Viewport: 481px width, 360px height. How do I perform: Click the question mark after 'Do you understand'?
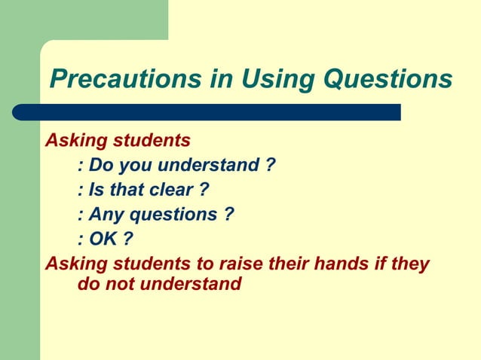[x=269, y=165]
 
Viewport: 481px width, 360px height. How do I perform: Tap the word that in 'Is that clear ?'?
[x=125, y=190]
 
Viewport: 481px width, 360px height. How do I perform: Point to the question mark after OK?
[x=128, y=239]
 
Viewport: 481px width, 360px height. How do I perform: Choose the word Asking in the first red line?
[x=76, y=140]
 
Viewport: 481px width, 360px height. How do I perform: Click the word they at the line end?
[x=412, y=264]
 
